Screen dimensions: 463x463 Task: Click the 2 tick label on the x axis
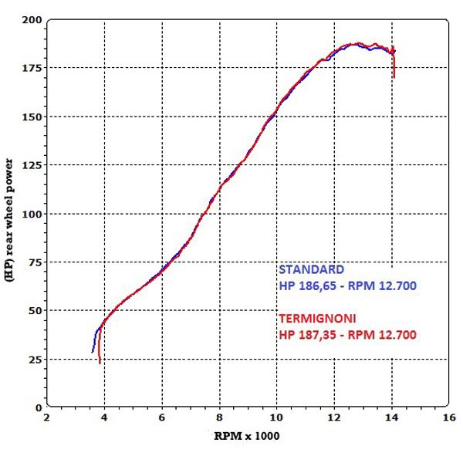pos(46,417)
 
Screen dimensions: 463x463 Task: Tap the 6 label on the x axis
pos(162,417)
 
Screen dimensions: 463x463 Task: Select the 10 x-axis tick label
pos(277,417)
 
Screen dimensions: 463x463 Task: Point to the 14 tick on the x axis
pos(392,417)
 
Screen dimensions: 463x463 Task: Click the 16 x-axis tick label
pos(450,417)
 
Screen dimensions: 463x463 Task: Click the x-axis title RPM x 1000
pos(247,436)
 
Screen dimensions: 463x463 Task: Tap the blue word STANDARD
pos(311,271)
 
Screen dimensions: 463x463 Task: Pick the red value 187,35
pos(316,335)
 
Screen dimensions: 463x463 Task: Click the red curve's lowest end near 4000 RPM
pos(100,361)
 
